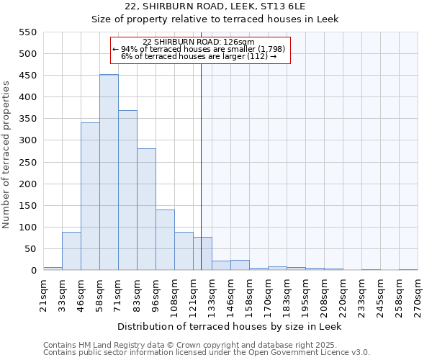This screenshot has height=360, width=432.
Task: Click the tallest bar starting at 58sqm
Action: pyautogui.click(x=109, y=173)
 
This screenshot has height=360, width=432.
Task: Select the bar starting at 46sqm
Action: pyautogui.click(x=90, y=197)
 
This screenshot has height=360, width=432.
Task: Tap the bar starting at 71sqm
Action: pyautogui.click(x=127, y=191)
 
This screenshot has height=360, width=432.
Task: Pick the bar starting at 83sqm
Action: pyautogui.click(x=146, y=210)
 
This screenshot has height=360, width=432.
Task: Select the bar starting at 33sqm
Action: pyautogui.click(x=71, y=251)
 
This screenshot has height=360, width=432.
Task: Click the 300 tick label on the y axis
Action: pyautogui.click(x=27, y=140)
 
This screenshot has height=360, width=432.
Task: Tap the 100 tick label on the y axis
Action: pyautogui.click(x=27, y=228)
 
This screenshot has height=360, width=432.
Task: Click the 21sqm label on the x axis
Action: pyautogui.click(x=43, y=293)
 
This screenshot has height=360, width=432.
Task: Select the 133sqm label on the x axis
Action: pyautogui.click(x=212, y=293)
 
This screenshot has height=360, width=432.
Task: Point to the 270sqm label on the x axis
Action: pyautogui.click(x=418, y=293)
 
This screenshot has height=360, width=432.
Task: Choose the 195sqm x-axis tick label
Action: pyautogui.click(x=305, y=293)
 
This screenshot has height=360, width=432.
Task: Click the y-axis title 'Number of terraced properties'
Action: pyautogui.click(x=6, y=155)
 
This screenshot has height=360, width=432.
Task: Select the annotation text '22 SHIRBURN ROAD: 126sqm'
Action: pyautogui.click(x=199, y=42)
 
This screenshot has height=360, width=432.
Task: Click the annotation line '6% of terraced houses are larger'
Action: pyautogui.click(x=199, y=56)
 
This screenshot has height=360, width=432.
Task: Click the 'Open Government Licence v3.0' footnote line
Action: pyautogui.click(x=207, y=352)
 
